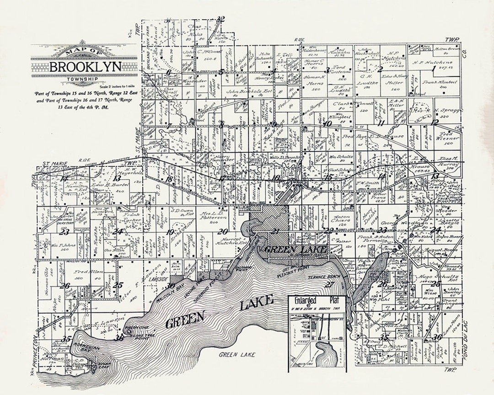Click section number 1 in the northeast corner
pos(433,69)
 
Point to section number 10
pos(327,123)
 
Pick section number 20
pos(223,231)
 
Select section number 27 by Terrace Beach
pos(330,284)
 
